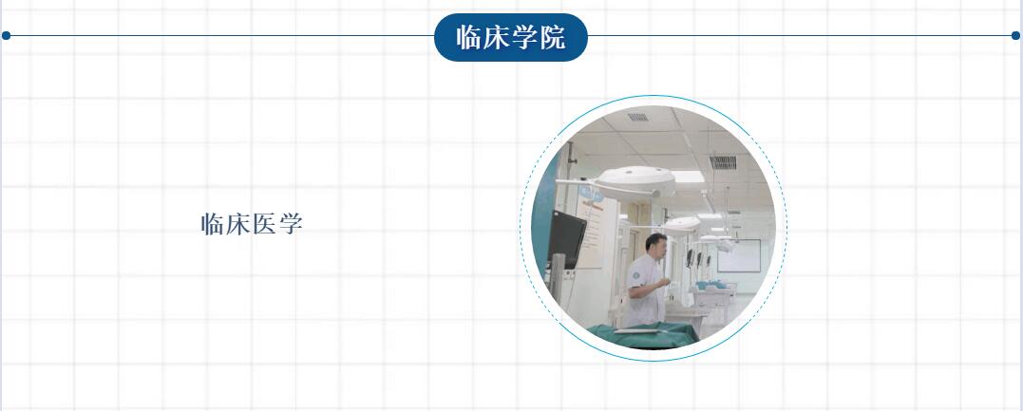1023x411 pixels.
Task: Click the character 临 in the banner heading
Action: coord(468,38)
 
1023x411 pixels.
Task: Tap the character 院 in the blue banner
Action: coord(553,38)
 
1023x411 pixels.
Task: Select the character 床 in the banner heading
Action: coord(497,38)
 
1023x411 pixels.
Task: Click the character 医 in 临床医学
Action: coord(265,224)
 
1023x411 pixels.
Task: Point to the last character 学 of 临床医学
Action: coord(291,224)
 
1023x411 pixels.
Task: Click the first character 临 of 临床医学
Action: coord(213,224)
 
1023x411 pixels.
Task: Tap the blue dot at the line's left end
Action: coord(6,35)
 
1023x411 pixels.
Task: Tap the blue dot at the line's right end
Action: coord(1015,35)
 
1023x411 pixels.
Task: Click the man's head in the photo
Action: coord(656,247)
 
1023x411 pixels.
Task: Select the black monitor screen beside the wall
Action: coord(566,239)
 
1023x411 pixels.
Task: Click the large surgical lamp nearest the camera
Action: coord(635,179)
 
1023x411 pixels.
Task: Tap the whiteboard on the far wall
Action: coord(739,255)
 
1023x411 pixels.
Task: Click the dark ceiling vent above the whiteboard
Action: coord(723,162)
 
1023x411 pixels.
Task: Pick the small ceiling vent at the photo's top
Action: coord(638,118)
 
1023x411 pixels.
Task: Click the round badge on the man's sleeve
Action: coord(636,276)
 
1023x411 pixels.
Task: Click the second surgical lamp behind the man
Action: coord(682,226)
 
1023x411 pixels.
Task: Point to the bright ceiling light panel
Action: coord(688,177)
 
